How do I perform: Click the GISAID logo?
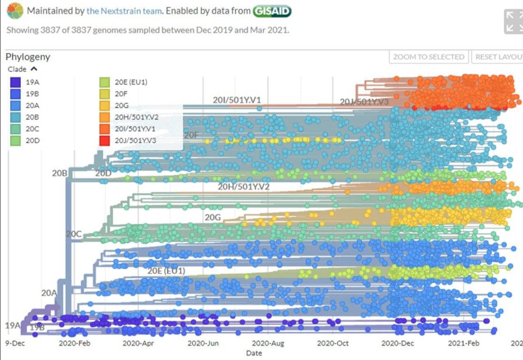(272, 11)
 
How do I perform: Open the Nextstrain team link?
(123, 11)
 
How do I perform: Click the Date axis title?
(254, 353)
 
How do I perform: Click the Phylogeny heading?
(28, 57)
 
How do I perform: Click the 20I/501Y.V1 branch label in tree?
(237, 100)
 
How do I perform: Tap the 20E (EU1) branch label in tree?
(166, 271)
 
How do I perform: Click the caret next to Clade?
(34, 69)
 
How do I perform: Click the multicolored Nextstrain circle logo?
(15, 11)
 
